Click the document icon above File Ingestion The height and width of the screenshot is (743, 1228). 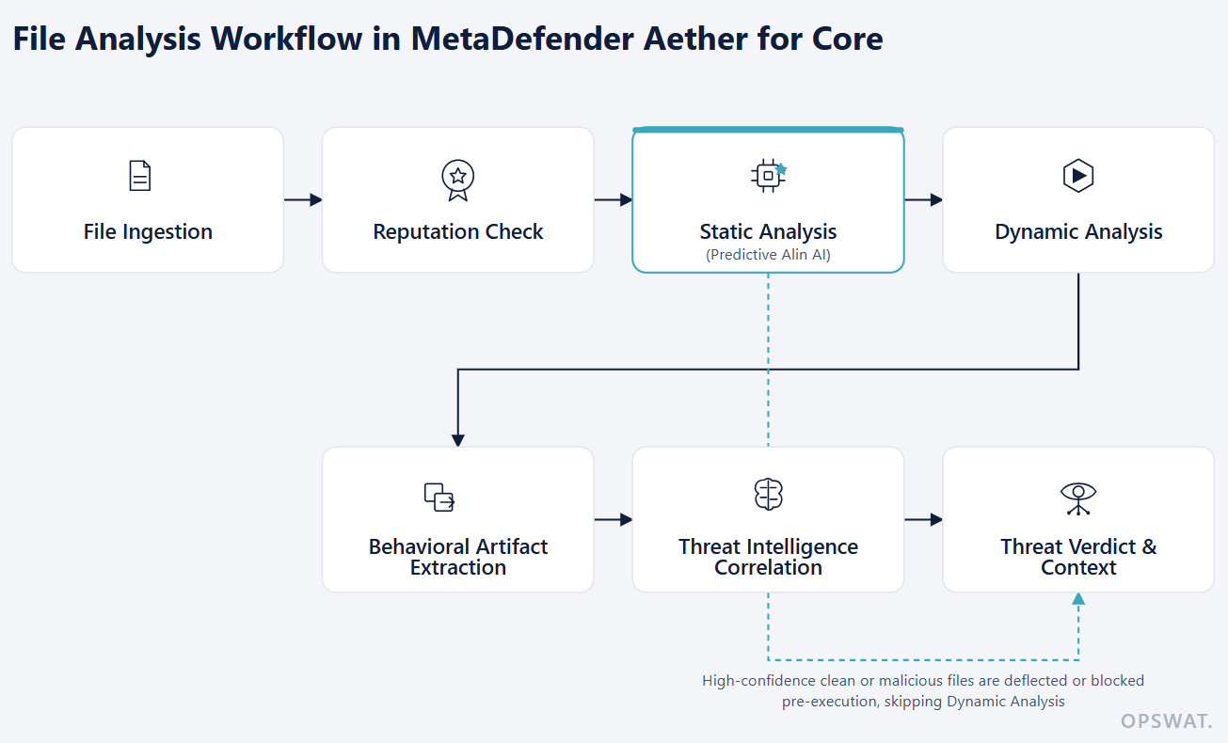point(140,176)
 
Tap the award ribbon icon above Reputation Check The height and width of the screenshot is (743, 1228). point(457,181)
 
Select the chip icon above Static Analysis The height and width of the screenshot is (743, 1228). point(769,175)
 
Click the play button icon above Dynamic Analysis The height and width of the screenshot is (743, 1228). point(1078,175)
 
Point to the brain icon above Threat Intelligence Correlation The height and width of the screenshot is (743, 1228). point(768,495)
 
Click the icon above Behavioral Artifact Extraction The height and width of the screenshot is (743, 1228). point(439,497)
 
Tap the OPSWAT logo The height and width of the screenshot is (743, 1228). point(1166,721)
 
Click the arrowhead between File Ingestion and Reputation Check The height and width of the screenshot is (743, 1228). point(316,200)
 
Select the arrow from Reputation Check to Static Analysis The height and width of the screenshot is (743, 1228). point(614,200)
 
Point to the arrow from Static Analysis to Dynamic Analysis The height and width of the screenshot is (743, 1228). point(924,200)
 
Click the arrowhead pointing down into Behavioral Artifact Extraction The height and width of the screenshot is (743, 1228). point(457,440)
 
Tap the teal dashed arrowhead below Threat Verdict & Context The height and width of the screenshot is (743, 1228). point(1078,599)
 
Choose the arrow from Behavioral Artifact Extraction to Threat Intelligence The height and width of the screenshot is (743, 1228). point(614,519)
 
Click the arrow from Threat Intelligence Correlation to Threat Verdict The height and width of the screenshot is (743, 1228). point(924,519)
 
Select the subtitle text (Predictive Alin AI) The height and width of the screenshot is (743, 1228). point(768,255)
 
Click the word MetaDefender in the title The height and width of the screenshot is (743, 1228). point(522,39)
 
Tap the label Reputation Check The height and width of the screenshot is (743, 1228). point(457,231)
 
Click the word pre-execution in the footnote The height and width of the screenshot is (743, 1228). point(831,702)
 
